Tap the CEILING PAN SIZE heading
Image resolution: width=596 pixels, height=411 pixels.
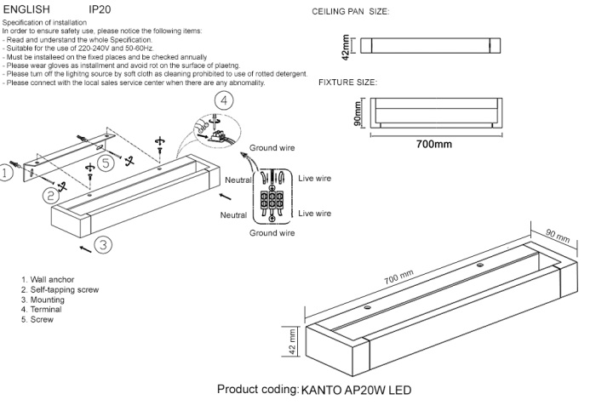click(351, 14)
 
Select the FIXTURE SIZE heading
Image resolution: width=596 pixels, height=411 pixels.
click(347, 83)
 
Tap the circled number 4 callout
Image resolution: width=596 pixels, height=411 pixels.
click(223, 100)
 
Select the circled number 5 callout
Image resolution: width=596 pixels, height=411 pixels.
click(105, 163)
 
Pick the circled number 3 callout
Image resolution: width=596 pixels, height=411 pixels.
click(102, 245)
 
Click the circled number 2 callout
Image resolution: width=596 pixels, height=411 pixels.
click(52, 194)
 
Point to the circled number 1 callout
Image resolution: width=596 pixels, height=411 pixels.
click(6, 174)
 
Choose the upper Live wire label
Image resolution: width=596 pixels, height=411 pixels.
click(314, 179)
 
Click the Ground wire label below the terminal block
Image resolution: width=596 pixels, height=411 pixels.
click(272, 231)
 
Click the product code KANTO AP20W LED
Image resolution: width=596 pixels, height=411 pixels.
click(356, 391)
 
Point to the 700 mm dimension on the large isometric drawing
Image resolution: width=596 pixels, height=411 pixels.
click(398, 278)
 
